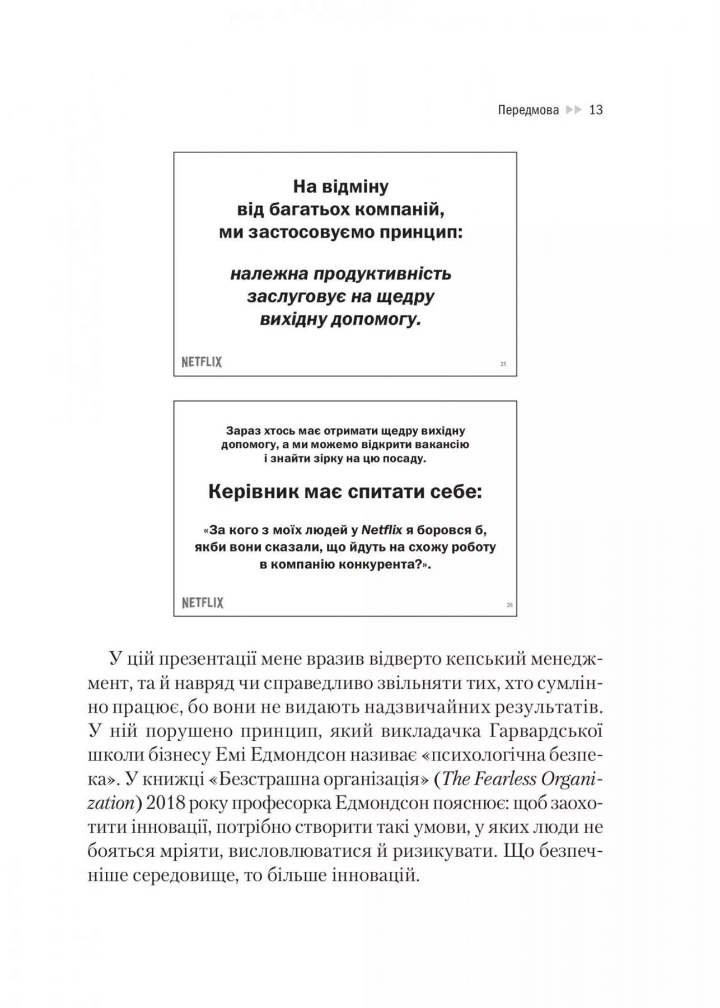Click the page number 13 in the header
(x=596, y=110)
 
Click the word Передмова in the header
(x=528, y=110)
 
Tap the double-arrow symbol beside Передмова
(x=574, y=110)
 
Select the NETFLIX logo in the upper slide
(x=202, y=362)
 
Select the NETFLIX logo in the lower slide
(x=202, y=603)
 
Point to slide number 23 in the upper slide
(x=503, y=364)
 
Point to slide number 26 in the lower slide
(x=509, y=605)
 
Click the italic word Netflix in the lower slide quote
(x=382, y=529)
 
